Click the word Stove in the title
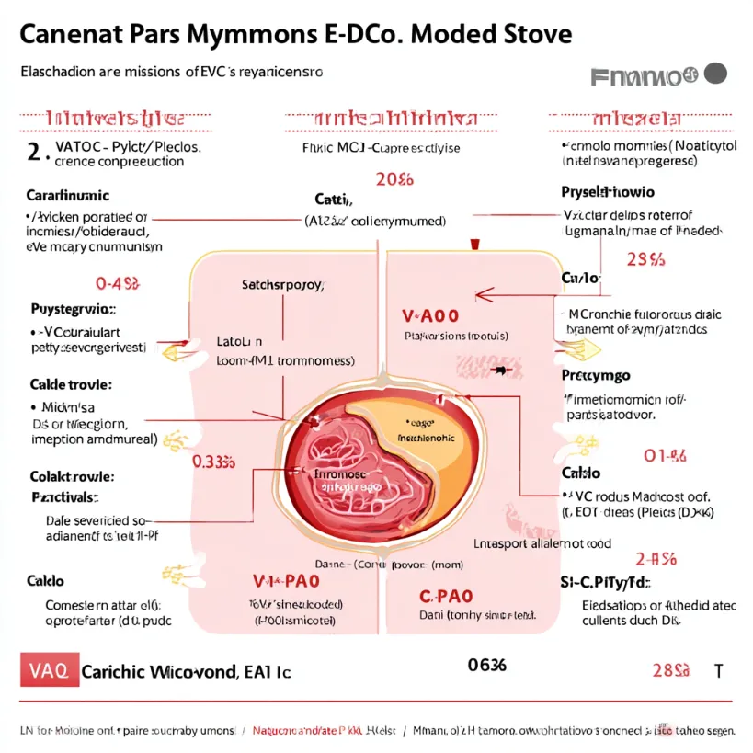(x=527, y=35)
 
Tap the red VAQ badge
(x=43, y=670)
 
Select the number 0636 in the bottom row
(x=486, y=665)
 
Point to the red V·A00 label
(x=431, y=315)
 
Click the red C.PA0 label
(x=445, y=596)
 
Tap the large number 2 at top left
(x=33, y=153)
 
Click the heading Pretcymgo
(x=595, y=376)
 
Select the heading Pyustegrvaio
(x=74, y=309)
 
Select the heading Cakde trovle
(x=72, y=383)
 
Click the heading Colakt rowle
(x=71, y=476)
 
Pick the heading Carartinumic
(x=67, y=195)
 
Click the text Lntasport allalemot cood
(x=542, y=543)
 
